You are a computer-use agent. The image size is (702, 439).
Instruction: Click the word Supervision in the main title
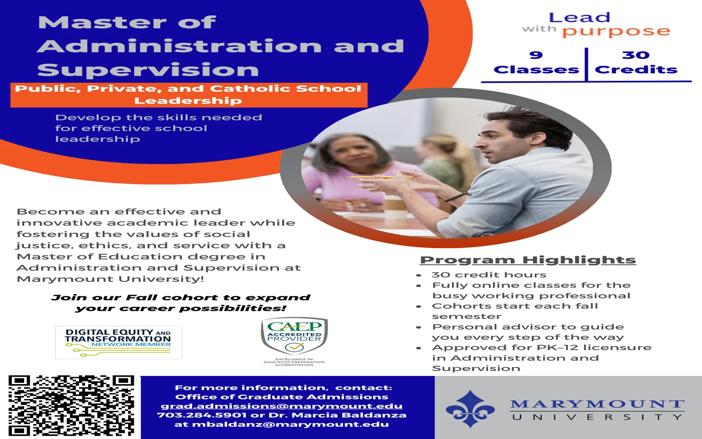coord(148,70)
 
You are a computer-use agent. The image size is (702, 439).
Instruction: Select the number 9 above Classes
coord(536,55)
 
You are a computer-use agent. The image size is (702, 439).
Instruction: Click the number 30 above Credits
coord(636,55)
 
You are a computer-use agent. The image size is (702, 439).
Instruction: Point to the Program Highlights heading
coord(528,260)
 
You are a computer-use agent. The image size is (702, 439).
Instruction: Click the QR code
coord(71,406)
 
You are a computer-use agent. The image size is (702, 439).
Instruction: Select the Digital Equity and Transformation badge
coord(118,342)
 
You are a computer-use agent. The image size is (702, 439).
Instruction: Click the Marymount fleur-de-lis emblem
coord(470,409)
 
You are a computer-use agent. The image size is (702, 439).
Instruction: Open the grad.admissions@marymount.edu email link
coord(281,406)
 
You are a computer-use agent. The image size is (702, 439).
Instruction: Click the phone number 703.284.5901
coord(201,415)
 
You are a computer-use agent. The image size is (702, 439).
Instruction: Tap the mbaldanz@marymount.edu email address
coord(290,425)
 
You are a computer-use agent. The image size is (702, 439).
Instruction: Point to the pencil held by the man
coord(379,177)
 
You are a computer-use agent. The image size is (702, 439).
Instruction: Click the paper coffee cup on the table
coord(395,206)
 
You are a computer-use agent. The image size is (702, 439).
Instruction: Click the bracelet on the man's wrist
coord(456,197)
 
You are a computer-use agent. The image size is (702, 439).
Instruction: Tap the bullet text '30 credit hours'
coord(489,275)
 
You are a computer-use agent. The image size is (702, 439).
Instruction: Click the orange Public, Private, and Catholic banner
coord(189,95)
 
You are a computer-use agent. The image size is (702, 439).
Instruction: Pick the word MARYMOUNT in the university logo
coord(597,404)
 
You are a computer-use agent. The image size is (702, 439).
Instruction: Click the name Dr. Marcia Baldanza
coord(337,415)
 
